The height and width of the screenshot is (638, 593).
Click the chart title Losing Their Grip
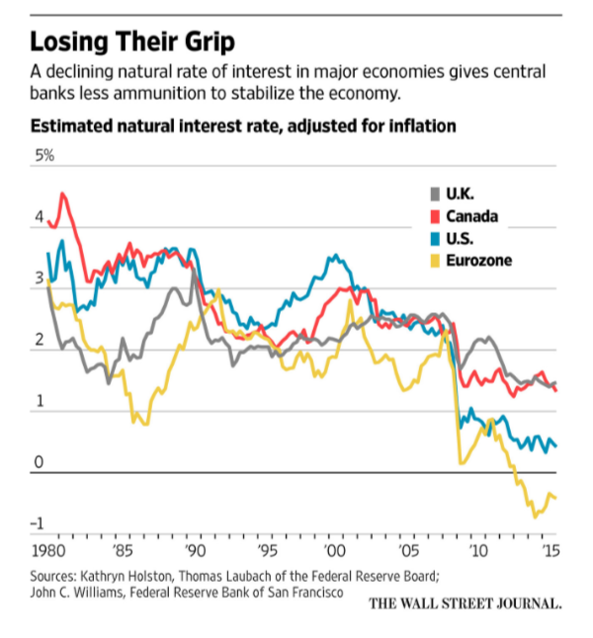point(133,43)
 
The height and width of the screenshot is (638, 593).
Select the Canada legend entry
point(470,216)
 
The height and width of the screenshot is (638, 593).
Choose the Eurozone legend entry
point(477,261)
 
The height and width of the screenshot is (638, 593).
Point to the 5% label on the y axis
point(44,156)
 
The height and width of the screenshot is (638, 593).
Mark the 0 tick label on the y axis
point(39,462)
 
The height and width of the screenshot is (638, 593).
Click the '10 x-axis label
point(476,549)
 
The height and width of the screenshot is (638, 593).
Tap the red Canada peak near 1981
point(63,194)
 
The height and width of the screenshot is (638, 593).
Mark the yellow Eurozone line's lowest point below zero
point(535,516)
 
